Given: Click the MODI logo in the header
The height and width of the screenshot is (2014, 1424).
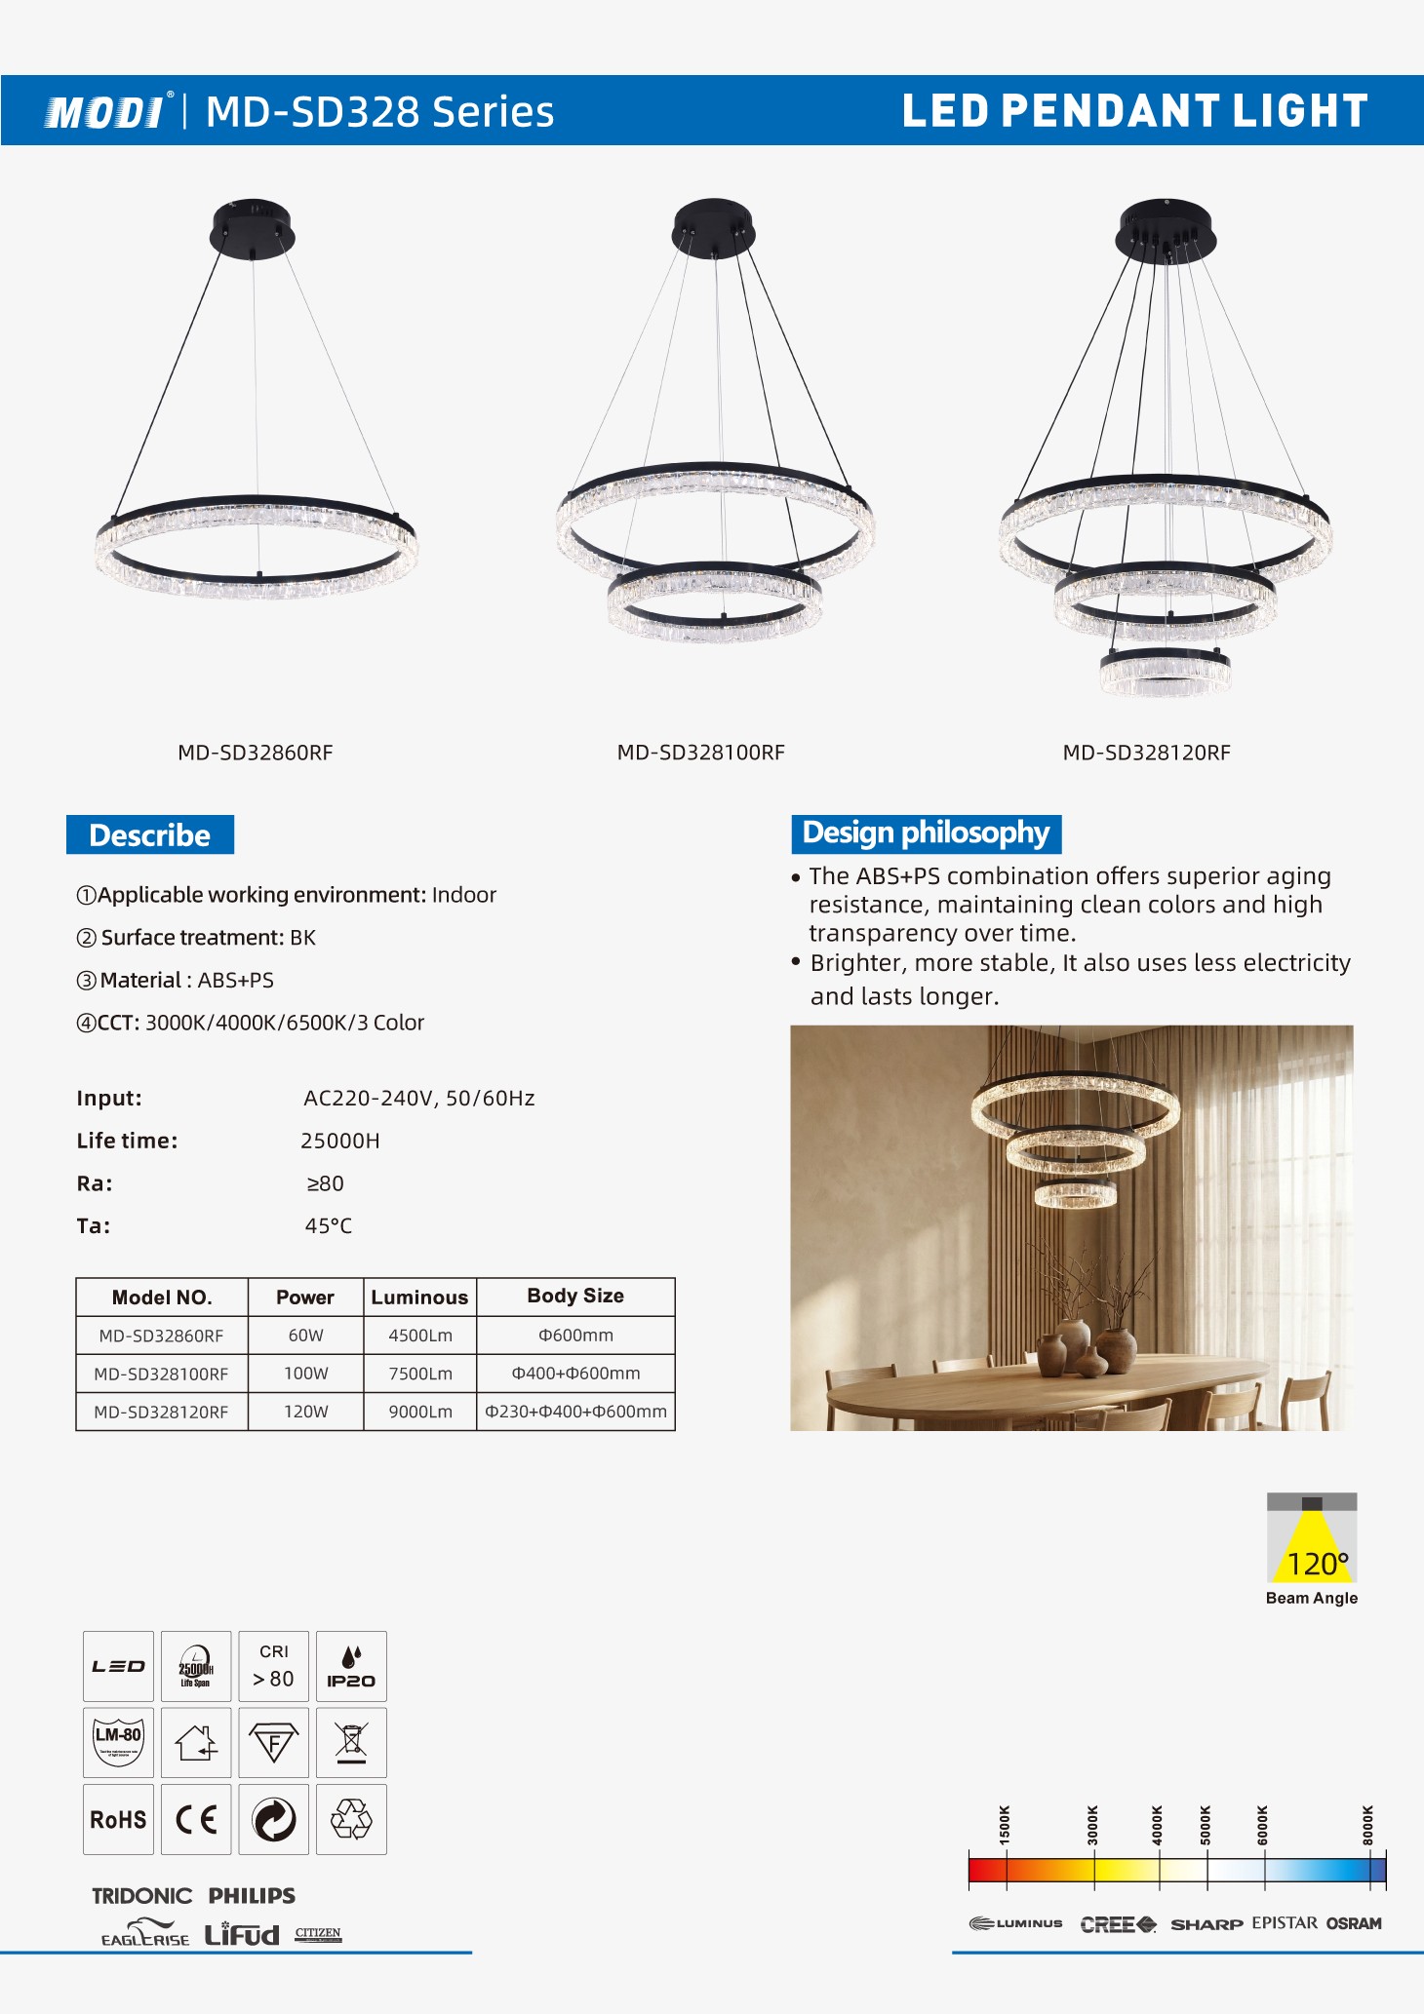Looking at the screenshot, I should tap(105, 112).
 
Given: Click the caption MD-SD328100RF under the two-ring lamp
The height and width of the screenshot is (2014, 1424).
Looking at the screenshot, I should tap(700, 753).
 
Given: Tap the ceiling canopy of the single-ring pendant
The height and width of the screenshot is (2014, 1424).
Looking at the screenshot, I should tap(253, 229).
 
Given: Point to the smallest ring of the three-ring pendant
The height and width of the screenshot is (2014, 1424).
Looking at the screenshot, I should tap(1166, 673).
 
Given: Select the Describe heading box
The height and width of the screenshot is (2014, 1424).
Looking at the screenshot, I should tap(150, 835).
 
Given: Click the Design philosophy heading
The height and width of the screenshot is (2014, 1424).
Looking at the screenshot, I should tap(926, 833).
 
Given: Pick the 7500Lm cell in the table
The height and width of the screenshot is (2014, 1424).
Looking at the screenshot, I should tap(420, 1374).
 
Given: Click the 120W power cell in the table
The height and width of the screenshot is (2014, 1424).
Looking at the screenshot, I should tap(306, 1412).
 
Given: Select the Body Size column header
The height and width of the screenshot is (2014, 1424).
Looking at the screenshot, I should tap(575, 1297).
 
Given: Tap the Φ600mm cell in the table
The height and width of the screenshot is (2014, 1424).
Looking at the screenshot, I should tap(575, 1336).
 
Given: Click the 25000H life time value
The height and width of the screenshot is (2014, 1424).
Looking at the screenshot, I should tap(340, 1141).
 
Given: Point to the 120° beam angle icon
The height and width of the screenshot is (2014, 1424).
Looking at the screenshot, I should tap(1312, 1539).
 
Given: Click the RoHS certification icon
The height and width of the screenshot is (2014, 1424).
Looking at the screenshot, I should tap(118, 1819).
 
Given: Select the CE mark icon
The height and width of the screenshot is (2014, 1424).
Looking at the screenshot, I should tap(196, 1819).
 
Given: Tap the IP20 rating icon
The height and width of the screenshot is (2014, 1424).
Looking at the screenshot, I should tap(351, 1666).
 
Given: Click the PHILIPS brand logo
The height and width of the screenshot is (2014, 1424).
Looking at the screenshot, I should tap(252, 1896).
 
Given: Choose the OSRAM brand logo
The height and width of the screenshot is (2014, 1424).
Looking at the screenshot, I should tap(1354, 1923).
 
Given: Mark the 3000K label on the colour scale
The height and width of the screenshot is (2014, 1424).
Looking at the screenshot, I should tap(1092, 1825).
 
